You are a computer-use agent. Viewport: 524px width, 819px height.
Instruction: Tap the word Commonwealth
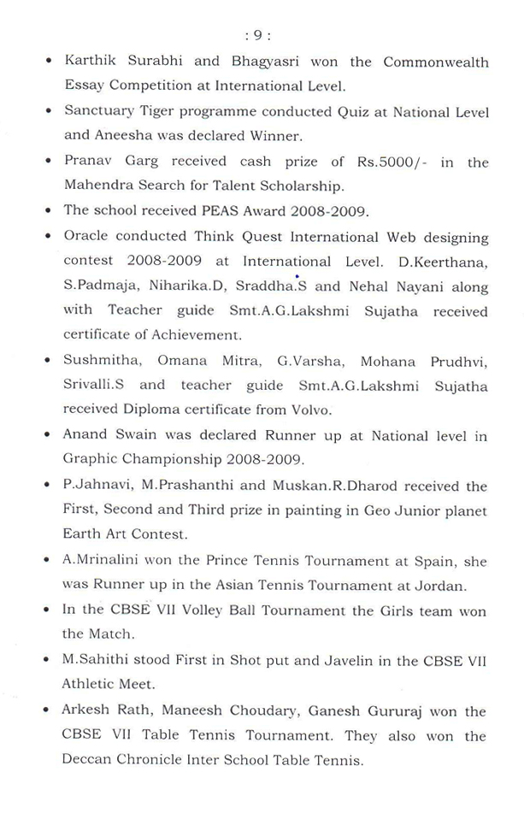click(x=436, y=62)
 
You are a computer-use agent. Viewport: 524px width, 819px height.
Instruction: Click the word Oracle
click(x=85, y=236)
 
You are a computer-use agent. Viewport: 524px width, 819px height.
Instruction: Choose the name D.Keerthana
click(x=446, y=262)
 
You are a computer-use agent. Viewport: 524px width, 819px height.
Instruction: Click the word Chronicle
click(x=149, y=761)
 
